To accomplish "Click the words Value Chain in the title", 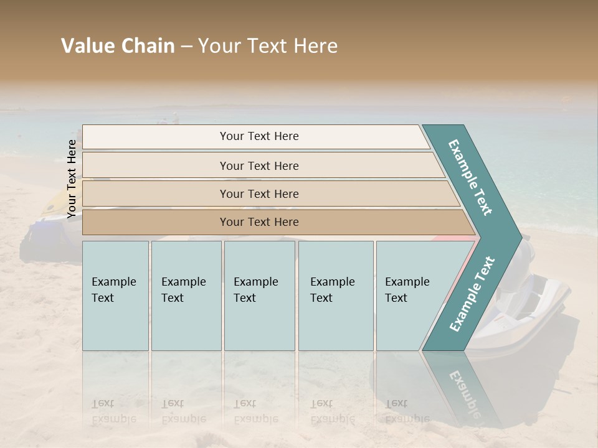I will click(x=118, y=47).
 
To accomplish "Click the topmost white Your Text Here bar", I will click(x=259, y=136).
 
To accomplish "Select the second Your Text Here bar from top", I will click(x=259, y=166).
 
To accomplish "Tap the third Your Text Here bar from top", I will click(x=259, y=194).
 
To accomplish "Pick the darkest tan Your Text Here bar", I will click(x=259, y=222).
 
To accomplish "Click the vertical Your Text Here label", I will click(x=72, y=179).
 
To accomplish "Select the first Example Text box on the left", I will click(x=115, y=295).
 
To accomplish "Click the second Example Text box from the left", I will click(x=186, y=295).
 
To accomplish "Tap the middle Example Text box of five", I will click(x=259, y=295).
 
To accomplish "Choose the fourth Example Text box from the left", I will click(x=335, y=295).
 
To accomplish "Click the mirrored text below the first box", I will click(x=113, y=411).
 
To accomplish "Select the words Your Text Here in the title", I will click(x=268, y=47).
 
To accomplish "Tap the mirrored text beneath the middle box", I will click(x=255, y=411).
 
